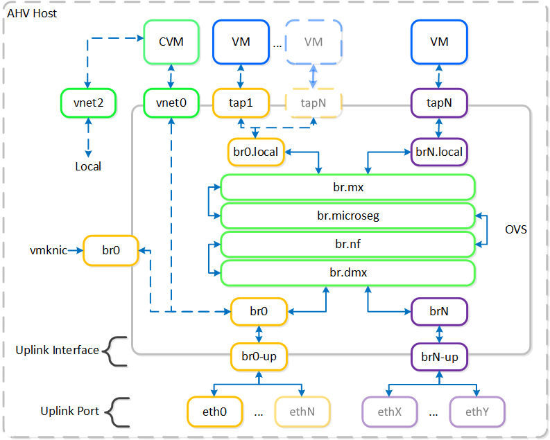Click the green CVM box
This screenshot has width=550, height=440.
pos(171,42)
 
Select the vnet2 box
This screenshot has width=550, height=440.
pos(87,104)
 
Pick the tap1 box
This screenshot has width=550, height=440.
pos(240,104)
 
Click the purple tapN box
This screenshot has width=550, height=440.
pos(439,104)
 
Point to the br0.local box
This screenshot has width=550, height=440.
pos(255,152)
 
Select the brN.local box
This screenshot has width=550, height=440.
pos(439,152)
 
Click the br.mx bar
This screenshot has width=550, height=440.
pos(347,187)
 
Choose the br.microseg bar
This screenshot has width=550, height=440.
pos(347,215)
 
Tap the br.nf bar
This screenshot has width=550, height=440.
pos(347,244)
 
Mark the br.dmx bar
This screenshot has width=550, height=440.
pos(347,272)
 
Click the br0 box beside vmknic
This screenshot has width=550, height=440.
pos(111,250)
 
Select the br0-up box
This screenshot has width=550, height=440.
pos(259,358)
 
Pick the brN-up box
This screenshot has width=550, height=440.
pos(439,358)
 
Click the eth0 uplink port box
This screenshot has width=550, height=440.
pos(216,412)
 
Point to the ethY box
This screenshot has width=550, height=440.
pos(477,412)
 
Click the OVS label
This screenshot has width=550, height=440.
pos(517,229)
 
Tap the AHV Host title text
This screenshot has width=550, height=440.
pos(32,14)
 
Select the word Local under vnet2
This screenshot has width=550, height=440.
pos(87,166)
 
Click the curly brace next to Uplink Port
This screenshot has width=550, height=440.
pos(119,411)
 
